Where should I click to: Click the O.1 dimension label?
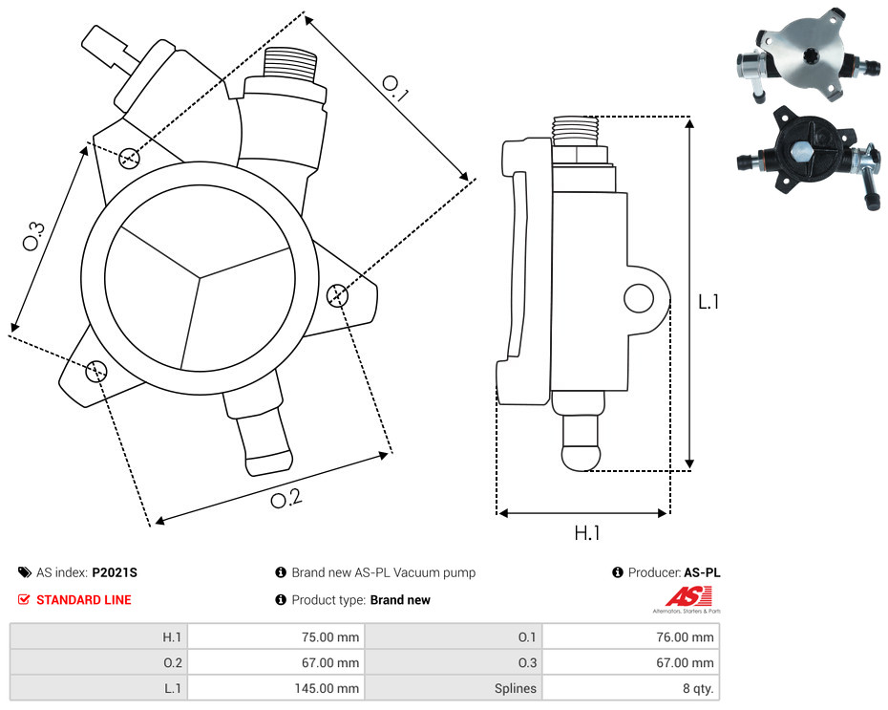[395, 89]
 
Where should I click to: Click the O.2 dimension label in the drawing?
[286, 498]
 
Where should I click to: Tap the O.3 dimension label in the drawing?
[33, 236]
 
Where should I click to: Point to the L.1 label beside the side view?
[708, 301]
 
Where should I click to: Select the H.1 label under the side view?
[586, 532]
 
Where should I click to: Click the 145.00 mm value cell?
[276, 688]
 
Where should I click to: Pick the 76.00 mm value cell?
[631, 637]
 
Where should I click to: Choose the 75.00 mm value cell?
[276, 637]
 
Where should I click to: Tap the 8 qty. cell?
[631, 688]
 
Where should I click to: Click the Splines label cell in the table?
[454, 688]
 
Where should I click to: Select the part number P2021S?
[115, 572]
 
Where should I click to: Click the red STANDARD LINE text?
[84, 599]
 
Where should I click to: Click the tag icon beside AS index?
[25, 572]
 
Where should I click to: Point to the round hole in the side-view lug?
[639, 298]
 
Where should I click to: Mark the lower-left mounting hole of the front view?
[96, 371]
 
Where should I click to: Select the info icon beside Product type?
[281, 599]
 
